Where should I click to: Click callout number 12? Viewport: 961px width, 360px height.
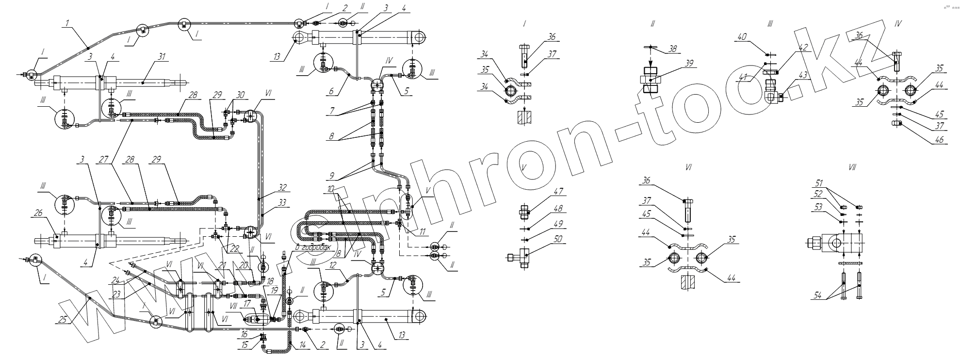(332, 265)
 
